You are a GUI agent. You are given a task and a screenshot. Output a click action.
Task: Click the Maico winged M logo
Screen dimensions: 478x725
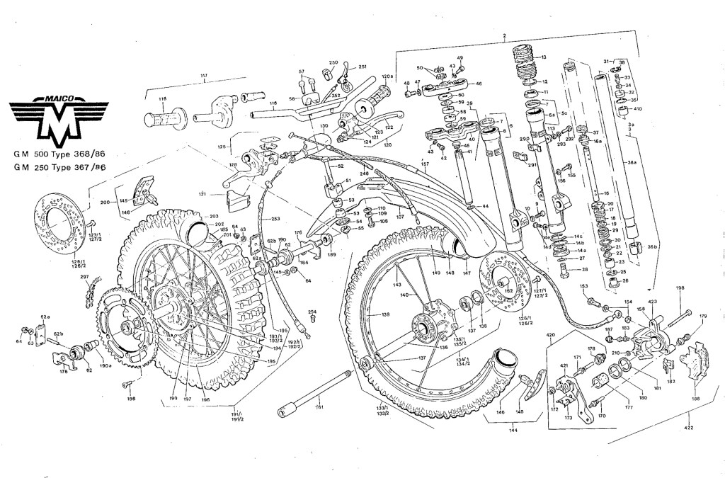pyautogui.click(x=58, y=117)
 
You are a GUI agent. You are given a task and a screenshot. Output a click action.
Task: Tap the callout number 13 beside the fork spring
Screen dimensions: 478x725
pyautogui.click(x=544, y=57)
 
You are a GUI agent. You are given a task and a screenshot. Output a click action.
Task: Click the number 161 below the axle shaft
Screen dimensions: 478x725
pyautogui.click(x=319, y=407)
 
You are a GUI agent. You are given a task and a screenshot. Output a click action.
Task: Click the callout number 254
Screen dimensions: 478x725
pyautogui.click(x=312, y=312)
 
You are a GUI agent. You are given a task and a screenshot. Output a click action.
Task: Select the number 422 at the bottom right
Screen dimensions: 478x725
pyautogui.click(x=689, y=428)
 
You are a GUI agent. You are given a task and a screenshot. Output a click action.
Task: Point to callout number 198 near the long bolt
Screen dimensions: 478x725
pyautogui.click(x=680, y=288)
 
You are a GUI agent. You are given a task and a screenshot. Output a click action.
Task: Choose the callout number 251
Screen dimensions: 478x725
pyautogui.click(x=362, y=67)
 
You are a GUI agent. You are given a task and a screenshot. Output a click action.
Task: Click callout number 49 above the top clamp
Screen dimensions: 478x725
pyautogui.click(x=459, y=58)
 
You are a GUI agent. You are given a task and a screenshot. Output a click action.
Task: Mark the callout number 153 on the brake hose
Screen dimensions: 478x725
pyautogui.click(x=584, y=286)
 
